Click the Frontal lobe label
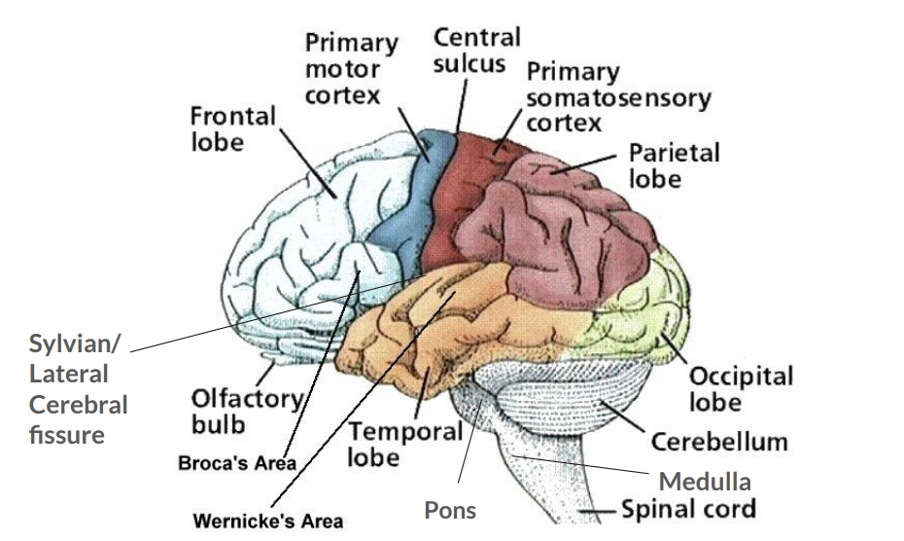[x=232, y=128]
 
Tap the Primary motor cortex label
[x=352, y=69]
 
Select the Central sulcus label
[x=476, y=51]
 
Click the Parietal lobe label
[x=674, y=165]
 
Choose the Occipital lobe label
[x=741, y=388]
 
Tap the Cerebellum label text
[x=719, y=442]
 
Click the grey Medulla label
[x=705, y=481]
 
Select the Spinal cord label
[x=688, y=509]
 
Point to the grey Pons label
[x=450, y=509]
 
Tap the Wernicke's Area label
[x=267, y=521]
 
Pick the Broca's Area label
[x=237, y=463]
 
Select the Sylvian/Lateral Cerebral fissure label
[x=78, y=388]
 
